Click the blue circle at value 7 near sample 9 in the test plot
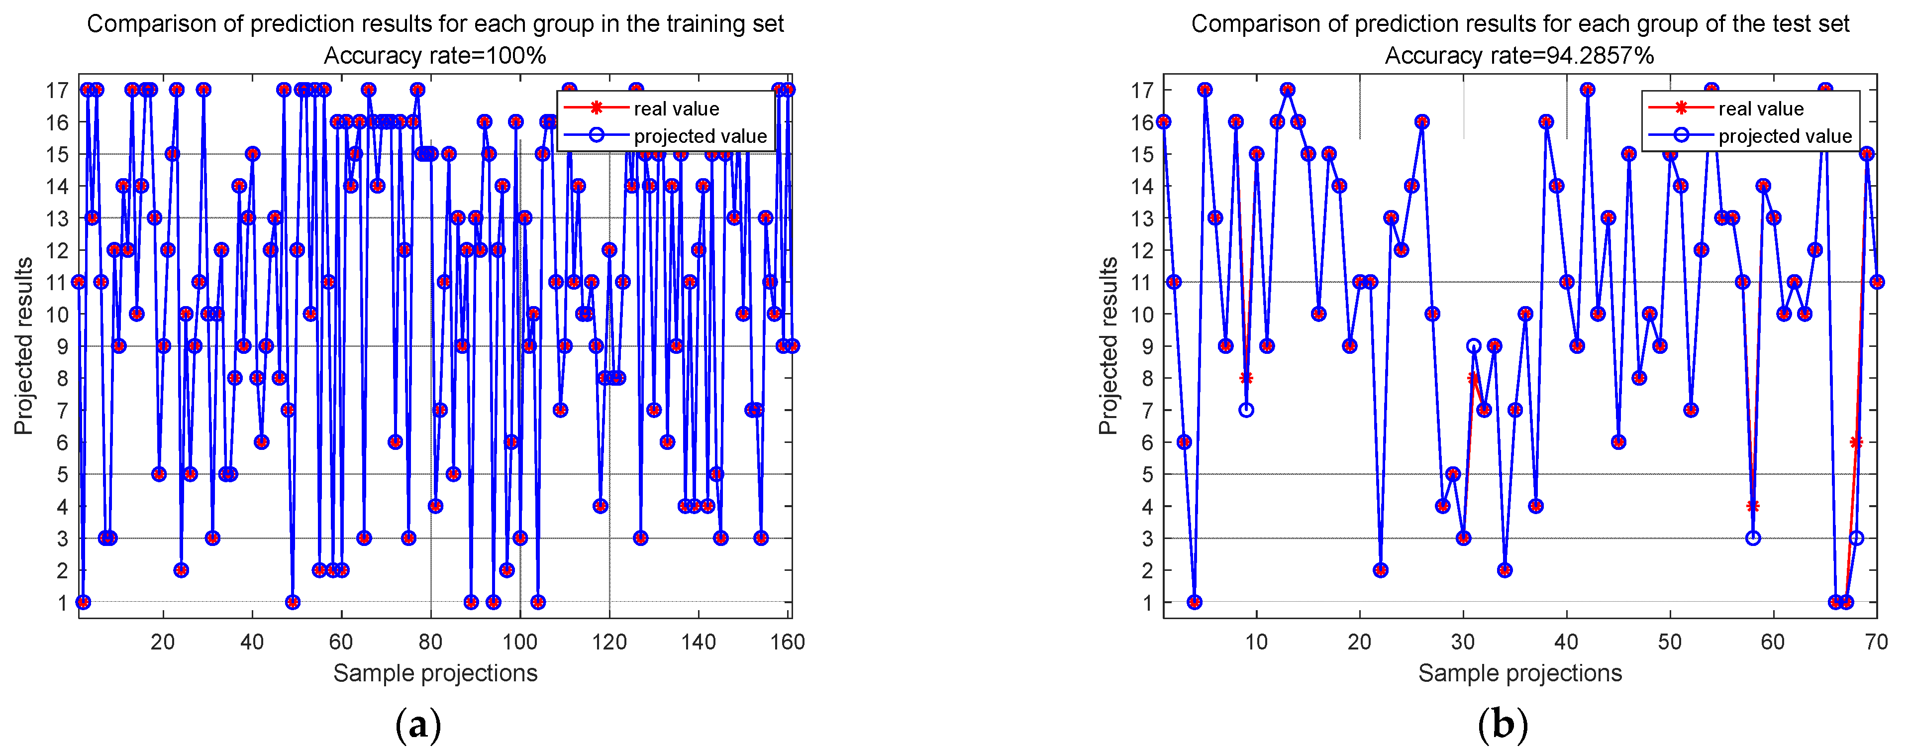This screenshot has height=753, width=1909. (x=1246, y=410)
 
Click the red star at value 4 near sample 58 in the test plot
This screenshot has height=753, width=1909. (x=1753, y=506)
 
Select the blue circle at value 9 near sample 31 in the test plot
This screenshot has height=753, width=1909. (x=1474, y=346)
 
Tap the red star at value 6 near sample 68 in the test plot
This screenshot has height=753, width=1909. (x=1856, y=442)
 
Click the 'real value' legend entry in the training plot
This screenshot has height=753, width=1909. (x=676, y=109)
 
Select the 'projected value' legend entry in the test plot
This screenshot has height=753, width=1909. (x=1785, y=136)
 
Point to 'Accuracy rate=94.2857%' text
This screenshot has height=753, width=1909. (x=1519, y=56)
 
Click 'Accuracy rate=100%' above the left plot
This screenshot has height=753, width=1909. (x=435, y=56)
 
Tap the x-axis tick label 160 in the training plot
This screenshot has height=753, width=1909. (x=787, y=642)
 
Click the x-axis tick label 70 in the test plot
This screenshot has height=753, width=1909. (x=1876, y=642)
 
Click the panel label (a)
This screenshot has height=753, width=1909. (x=419, y=725)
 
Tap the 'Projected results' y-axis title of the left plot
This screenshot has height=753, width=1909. (x=24, y=345)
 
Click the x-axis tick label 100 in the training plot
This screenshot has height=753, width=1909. (x=519, y=642)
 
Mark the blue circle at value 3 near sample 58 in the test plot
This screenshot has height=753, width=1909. (x=1753, y=538)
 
